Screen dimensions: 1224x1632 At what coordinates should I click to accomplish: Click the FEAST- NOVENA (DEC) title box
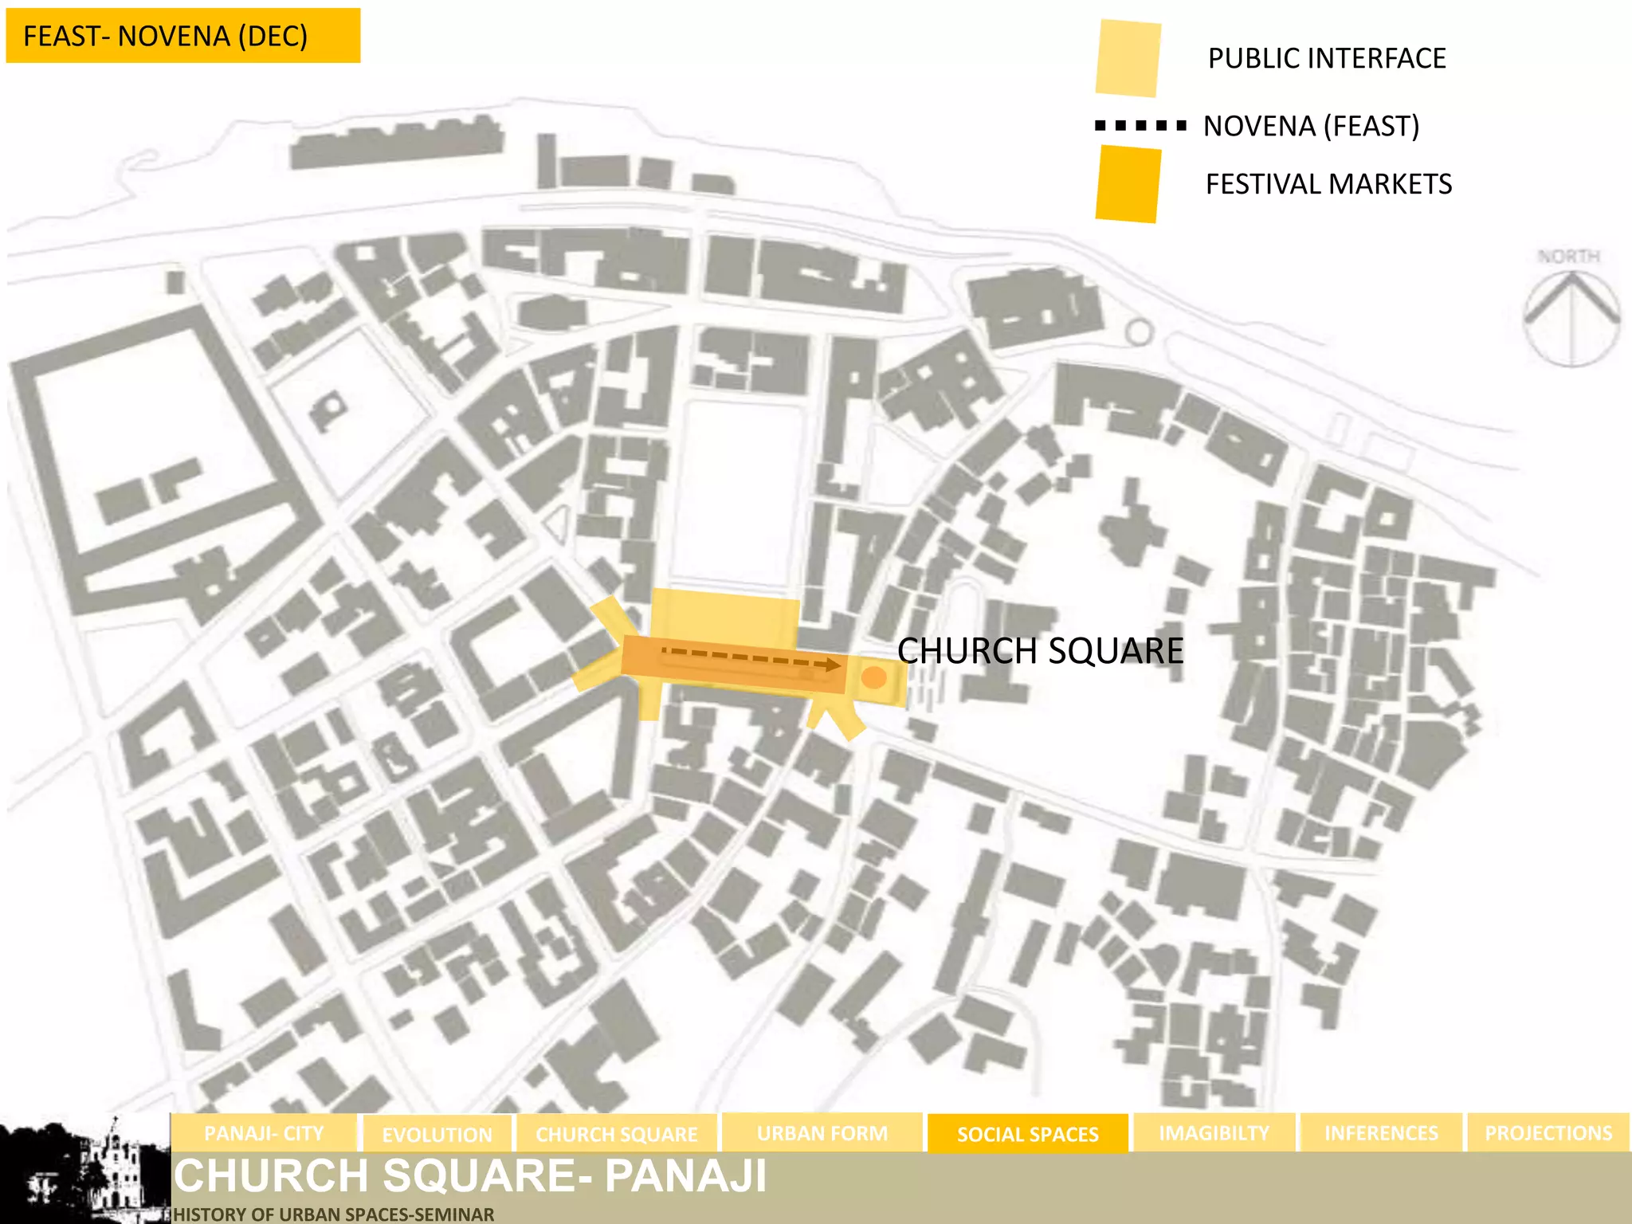click(x=182, y=36)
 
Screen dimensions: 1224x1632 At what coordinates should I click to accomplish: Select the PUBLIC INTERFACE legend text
click(x=1326, y=58)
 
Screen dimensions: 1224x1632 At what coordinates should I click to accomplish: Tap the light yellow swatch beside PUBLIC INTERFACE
click(x=1128, y=59)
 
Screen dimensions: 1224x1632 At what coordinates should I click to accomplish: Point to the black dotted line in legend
click(x=1140, y=125)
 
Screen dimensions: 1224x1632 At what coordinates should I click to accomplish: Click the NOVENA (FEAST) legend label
click(x=1311, y=126)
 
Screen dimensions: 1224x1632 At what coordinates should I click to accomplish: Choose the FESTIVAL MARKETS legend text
click(x=1328, y=184)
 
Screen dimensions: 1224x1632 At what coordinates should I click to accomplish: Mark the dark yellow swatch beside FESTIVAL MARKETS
click(x=1128, y=184)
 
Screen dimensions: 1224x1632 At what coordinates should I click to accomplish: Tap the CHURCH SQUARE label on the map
click(x=1040, y=651)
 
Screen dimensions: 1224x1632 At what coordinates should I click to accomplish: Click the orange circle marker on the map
click(x=874, y=677)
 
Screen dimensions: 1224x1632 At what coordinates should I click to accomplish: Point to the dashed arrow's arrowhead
click(x=832, y=665)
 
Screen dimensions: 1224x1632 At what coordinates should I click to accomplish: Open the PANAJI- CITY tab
click(x=264, y=1133)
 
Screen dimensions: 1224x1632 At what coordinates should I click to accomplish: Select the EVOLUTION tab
click(x=437, y=1134)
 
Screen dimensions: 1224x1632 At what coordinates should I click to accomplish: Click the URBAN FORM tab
click(x=822, y=1133)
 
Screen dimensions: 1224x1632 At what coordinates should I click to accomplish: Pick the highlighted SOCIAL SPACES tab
click(x=1027, y=1134)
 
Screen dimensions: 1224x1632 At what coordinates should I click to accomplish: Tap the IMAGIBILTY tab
click(x=1214, y=1133)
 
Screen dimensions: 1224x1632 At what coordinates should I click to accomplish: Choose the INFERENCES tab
click(x=1381, y=1133)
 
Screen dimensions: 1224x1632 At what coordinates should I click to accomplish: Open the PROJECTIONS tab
click(x=1548, y=1133)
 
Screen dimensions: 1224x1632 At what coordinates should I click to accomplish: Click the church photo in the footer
click(x=84, y=1169)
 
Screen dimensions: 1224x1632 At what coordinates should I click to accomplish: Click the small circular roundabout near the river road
click(x=1139, y=331)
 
